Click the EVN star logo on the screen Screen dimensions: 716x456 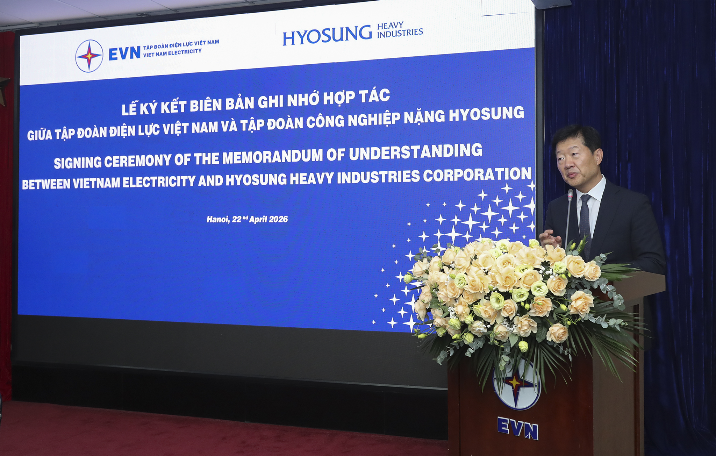tap(89, 56)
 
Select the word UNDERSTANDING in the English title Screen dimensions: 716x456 tap(416, 152)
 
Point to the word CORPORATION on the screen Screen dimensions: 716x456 tap(477, 175)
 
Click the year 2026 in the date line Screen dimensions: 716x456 tap(279, 219)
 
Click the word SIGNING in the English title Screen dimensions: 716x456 tap(78, 163)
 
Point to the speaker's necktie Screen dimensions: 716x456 tap(585, 220)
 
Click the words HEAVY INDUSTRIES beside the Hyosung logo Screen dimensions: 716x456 tap(400, 30)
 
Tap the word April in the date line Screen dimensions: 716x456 tap(258, 220)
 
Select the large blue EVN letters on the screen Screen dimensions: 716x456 tap(124, 54)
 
